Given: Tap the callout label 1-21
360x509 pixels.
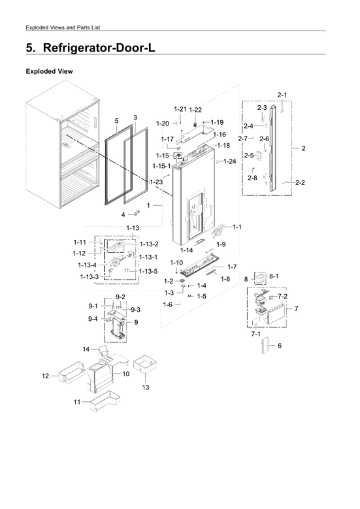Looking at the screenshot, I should (180, 108).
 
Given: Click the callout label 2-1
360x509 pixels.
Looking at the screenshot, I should (282, 95).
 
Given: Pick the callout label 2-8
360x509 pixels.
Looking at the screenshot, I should (252, 178).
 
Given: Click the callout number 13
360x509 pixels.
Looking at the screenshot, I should (145, 387).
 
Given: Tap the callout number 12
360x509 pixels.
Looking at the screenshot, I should (45, 376).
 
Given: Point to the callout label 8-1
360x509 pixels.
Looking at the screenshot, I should (274, 276).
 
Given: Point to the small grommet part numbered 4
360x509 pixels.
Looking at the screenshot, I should (136, 214).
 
